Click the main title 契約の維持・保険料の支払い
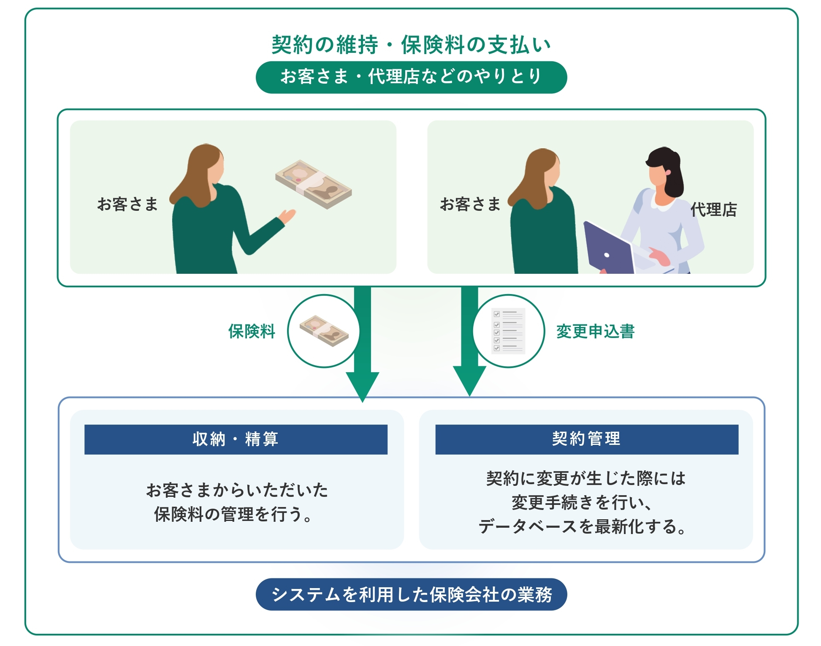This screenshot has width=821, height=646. [411, 45]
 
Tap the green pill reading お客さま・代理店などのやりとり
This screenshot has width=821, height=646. [411, 77]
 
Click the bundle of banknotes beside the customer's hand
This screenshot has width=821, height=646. [313, 184]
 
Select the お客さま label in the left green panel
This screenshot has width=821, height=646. [127, 204]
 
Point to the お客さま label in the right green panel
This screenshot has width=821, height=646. [470, 204]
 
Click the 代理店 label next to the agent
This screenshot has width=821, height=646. [714, 210]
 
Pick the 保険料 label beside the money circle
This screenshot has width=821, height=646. [252, 331]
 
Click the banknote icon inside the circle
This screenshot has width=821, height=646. [324, 331]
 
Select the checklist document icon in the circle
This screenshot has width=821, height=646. [508, 331]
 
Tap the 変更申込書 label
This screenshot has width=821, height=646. [595, 331]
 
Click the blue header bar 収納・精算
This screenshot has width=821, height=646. [236, 439]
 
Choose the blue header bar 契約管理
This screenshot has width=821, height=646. [587, 439]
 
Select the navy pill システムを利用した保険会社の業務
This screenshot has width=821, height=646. [411, 594]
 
